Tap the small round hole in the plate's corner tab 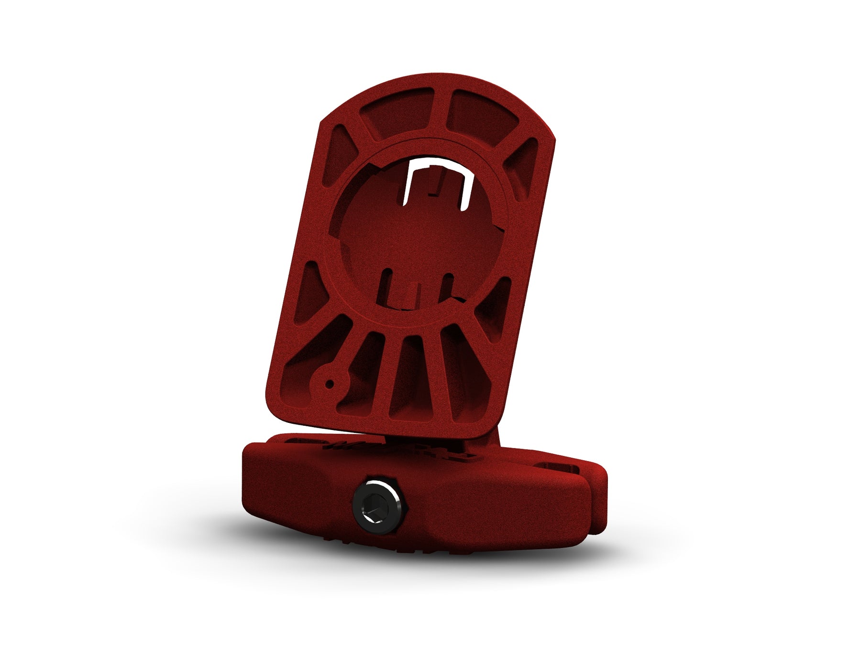pos(330,384)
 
